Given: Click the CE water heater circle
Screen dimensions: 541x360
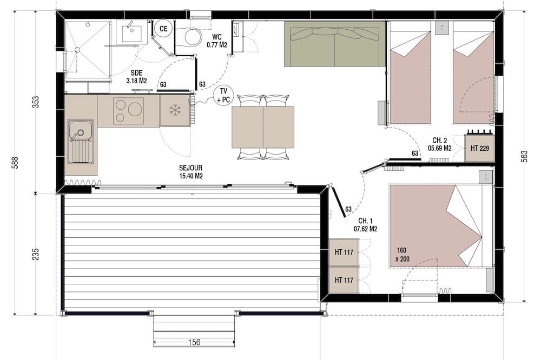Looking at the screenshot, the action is pos(163,29).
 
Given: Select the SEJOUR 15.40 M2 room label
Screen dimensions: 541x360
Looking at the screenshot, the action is pos(191,172).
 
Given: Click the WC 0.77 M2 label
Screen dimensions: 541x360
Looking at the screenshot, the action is pos(217,41).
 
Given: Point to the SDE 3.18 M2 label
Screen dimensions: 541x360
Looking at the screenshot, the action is pos(137,77).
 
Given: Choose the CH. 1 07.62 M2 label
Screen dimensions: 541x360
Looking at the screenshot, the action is pos(365,225).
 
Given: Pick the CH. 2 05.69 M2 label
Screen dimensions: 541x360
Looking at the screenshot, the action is pos(439,144).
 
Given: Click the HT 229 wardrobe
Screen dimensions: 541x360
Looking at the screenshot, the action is pos(479,148).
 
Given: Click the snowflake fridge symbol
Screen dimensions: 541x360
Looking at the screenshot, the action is pos(175,110).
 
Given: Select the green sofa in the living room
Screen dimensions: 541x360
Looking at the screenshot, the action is pos(335,44).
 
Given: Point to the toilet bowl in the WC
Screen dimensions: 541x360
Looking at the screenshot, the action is pos(193,37).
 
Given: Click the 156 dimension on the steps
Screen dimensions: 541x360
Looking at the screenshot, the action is pos(194,342).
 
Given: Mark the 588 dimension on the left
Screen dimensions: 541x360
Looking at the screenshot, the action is pos(15,162).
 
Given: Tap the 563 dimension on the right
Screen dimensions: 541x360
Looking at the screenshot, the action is pos(524,156).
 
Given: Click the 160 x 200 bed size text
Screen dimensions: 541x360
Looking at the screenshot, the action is pos(403,255).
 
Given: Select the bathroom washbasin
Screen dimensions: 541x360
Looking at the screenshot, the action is pos(131,32).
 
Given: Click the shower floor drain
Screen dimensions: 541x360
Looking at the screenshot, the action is pos(77,50).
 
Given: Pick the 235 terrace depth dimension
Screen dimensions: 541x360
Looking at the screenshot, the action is pos(36,254).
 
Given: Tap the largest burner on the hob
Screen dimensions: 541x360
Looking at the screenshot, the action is pos(135,109).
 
